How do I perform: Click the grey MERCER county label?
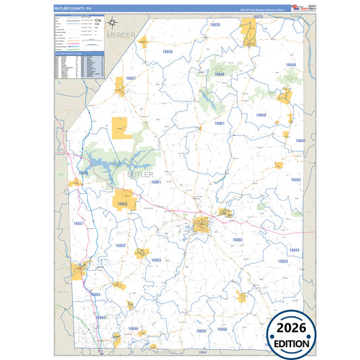point(121,34)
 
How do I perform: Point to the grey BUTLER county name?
point(140,174)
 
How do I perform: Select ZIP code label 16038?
point(167,52)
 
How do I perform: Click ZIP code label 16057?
point(131,79)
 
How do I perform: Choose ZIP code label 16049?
point(290,65)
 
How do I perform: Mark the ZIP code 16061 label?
point(220,124)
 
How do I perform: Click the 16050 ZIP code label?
point(261,115)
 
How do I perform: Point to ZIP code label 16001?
point(156,182)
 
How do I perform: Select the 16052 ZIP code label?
point(122,203)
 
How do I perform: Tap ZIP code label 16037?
point(78,223)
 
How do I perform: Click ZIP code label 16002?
point(237,240)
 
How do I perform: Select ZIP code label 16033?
point(120,246)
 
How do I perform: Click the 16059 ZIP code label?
point(201,331)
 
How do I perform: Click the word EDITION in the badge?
point(292,343)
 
